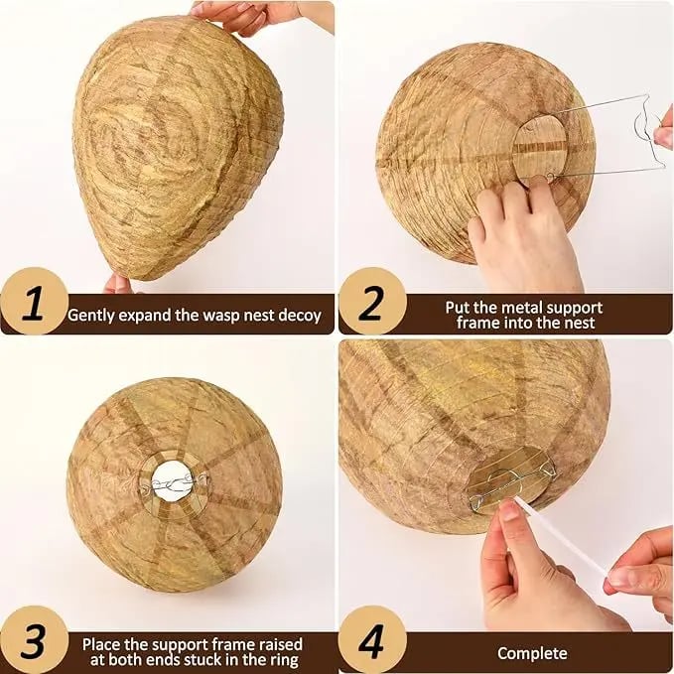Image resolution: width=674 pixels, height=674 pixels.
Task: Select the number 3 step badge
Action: coord(33,640)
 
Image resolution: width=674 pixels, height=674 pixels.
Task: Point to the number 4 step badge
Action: coord(371,640)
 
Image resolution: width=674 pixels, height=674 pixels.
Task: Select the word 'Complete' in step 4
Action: coord(532,652)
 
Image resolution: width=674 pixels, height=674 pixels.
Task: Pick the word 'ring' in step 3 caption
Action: coord(284,659)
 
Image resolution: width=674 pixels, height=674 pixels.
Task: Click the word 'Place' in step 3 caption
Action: coord(101,643)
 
